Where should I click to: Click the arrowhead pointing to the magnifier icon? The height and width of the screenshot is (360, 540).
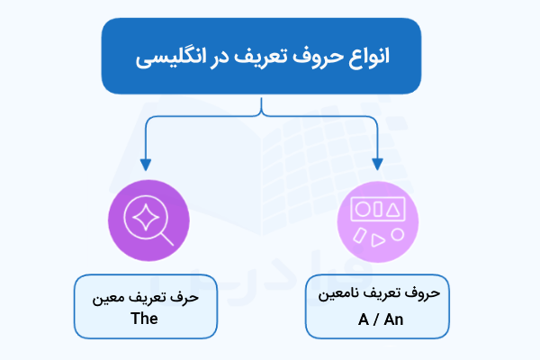click(144, 165)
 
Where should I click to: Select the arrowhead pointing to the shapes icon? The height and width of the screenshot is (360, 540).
click(376, 165)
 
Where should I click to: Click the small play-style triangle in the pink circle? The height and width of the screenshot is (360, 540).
click(379, 239)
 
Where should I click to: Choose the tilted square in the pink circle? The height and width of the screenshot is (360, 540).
click(360, 235)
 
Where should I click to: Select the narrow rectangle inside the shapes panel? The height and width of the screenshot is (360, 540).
click(379, 209)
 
